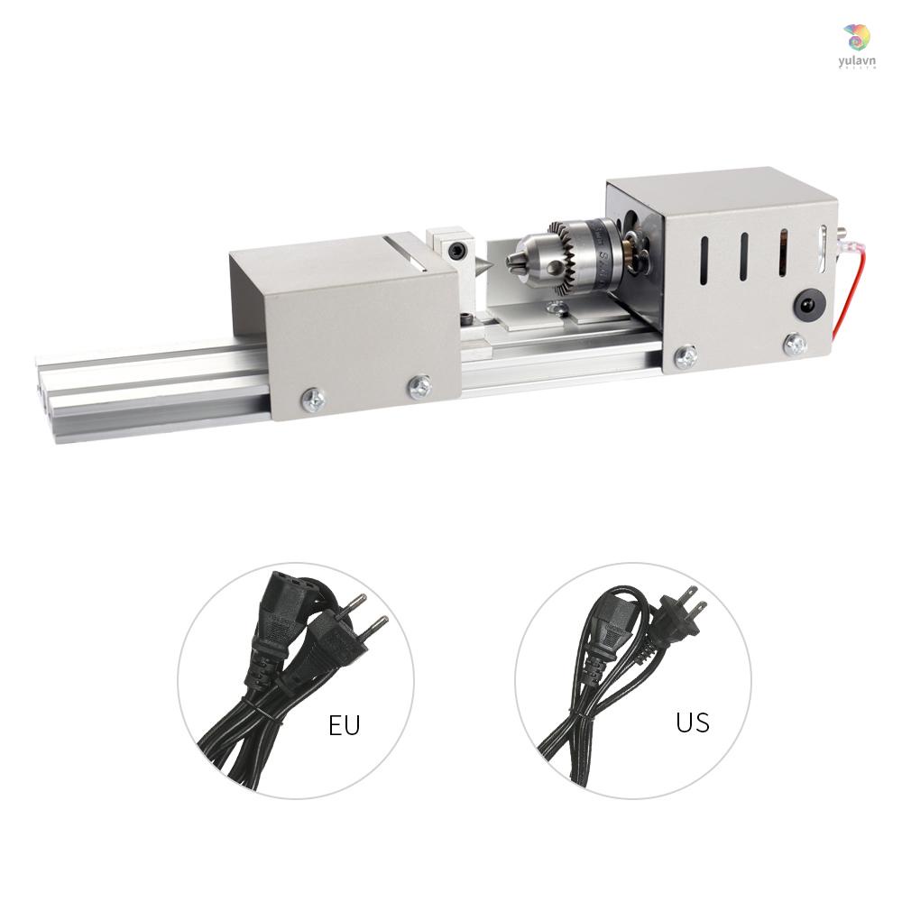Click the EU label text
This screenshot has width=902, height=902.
click(x=344, y=724)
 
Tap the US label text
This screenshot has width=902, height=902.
click(x=692, y=723)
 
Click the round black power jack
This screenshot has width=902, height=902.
click(x=806, y=304)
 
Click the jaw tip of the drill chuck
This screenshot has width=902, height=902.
click(x=513, y=262)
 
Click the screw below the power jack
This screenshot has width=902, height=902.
click(x=794, y=344)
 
